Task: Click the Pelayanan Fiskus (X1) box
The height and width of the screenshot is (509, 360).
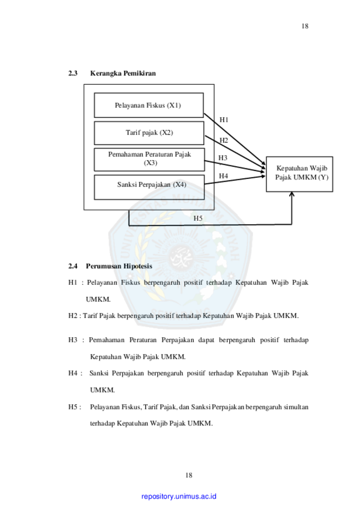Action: coord(148,105)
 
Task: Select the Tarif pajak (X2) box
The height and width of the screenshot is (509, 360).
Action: coord(148,133)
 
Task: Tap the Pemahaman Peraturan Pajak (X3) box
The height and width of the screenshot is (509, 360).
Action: coord(149,159)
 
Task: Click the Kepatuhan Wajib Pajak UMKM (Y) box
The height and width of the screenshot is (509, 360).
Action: coord(300,174)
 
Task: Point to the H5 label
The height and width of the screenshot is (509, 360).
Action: coord(198,218)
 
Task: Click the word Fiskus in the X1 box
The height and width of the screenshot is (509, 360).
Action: coord(156,105)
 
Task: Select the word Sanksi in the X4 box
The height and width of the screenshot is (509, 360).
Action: coord(127,184)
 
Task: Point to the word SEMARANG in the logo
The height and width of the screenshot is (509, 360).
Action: coord(180,311)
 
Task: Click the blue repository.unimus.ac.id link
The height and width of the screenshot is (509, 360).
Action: coord(179,496)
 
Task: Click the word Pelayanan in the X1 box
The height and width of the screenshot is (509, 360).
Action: coord(129,105)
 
